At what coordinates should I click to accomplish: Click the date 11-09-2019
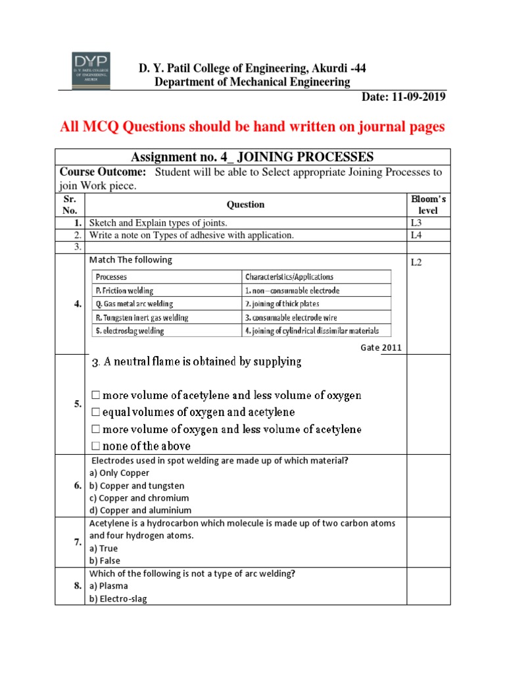pos(404,97)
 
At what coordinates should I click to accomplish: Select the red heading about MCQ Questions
pos(252,127)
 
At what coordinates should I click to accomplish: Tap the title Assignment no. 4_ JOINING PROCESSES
pos(252,157)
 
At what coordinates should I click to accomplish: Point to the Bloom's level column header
pos(428,204)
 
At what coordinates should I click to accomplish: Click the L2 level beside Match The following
pos(417,263)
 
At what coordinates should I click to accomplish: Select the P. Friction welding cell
pos(125,290)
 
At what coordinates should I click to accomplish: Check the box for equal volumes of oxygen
pos(95,412)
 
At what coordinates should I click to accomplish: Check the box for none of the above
pos(95,446)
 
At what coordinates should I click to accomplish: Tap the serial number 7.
pos(78,541)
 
